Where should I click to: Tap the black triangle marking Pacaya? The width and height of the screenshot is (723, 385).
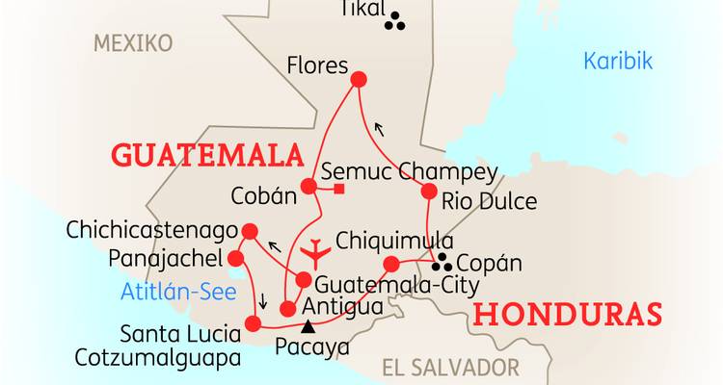pyautogui.click(x=308, y=326)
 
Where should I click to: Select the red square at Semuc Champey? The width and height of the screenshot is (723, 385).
pyautogui.click(x=338, y=187)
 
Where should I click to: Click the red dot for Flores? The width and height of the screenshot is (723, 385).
pyautogui.click(x=360, y=80)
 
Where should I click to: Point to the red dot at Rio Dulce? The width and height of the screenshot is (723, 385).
pyautogui.click(x=429, y=192)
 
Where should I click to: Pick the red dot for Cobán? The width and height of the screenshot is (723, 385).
pyautogui.click(x=308, y=186)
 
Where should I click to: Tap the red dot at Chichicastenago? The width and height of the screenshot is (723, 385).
pyautogui.click(x=250, y=231)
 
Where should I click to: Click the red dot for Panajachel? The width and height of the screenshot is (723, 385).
pyautogui.click(x=235, y=258)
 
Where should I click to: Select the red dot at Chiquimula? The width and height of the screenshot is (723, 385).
pyautogui.click(x=391, y=264)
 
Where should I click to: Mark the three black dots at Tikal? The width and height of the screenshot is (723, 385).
pyautogui.click(x=394, y=23)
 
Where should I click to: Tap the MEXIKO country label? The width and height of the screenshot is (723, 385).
pyautogui.click(x=133, y=43)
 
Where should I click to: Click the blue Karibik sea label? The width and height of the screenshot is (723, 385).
pyautogui.click(x=618, y=62)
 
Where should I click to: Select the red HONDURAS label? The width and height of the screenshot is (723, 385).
pyautogui.click(x=569, y=315)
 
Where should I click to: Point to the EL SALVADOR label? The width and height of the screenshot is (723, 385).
pyautogui.click(x=450, y=367)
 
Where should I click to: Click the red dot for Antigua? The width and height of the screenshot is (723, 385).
pyautogui.click(x=286, y=309)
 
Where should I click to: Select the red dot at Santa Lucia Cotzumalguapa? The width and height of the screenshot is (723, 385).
pyautogui.click(x=255, y=323)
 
